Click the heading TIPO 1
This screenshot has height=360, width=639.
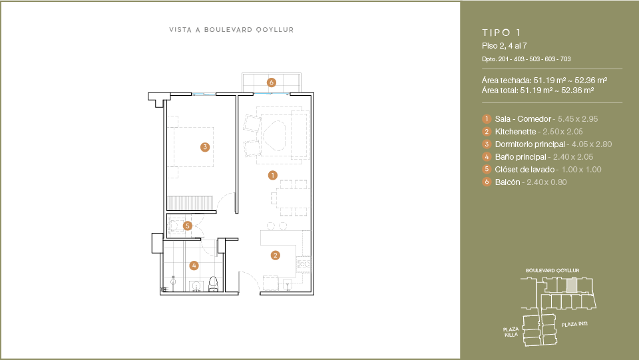501,33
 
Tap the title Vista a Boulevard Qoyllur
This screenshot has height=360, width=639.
232,30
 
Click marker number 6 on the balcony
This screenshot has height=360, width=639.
272,83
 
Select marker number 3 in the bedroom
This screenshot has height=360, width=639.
205,147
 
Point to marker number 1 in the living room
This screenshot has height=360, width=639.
273,175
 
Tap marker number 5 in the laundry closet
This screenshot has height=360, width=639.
188,226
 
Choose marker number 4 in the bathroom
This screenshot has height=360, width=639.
194,266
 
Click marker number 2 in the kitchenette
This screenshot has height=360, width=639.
276,256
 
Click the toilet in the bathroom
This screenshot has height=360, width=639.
214,284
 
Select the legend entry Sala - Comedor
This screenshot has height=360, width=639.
523,119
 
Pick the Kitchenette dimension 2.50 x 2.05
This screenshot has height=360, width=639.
563,132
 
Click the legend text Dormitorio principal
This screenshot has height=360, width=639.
530,144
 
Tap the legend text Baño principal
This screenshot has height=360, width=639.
521,157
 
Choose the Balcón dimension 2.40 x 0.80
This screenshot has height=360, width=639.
546,182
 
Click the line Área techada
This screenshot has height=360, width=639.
544,81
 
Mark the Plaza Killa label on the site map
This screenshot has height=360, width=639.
511,332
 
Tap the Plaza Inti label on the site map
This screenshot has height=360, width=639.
574,324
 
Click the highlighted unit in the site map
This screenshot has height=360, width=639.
572,285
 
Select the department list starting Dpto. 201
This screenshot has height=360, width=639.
526,59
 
